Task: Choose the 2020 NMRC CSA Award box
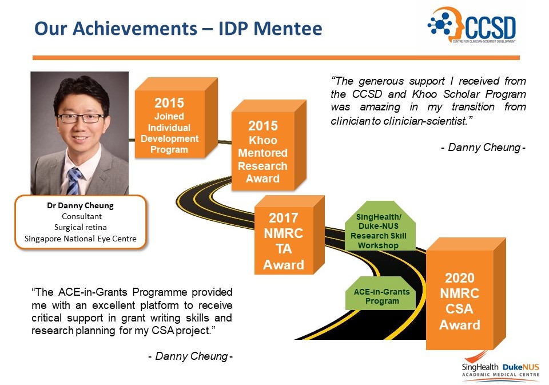tap(460, 301)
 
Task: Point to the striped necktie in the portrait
tap(74, 181)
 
